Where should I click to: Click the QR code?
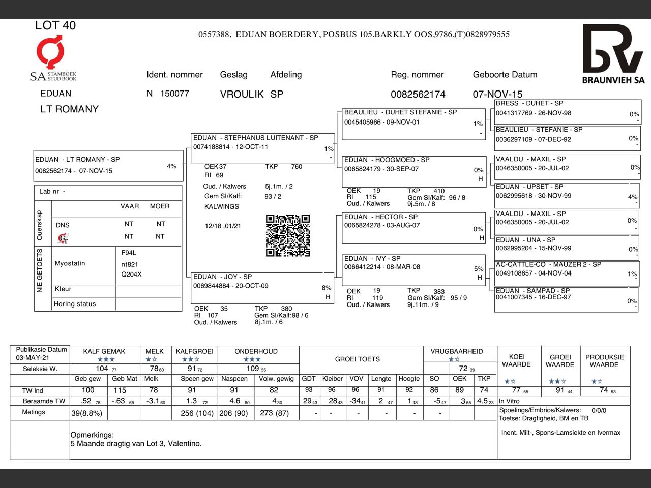pyautogui.click(x=288, y=235)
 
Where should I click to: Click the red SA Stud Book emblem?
pyautogui.click(x=50, y=51)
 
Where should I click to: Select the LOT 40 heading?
pyautogui.click(x=55, y=25)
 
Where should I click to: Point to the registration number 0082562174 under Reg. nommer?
pyautogui.click(x=418, y=94)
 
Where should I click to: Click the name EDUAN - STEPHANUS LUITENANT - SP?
pyautogui.click(x=255, y=138)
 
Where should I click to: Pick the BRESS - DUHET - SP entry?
pyautogui.click(x=529, y=103)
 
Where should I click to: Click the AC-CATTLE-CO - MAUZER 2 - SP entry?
pyautogui.click(x=548, y=265)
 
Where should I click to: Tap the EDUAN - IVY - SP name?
pyautogui.click(x=372, y=259)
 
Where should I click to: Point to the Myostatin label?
pyautogui.click(x=70, y=263)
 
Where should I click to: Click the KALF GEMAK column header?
pyautogui.click(x=104, y=351)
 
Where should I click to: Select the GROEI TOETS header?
pyautogui.click(x=357, y=359)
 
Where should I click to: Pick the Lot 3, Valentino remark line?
pyautogui.click(x=136, y=444)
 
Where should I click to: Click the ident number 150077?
pyautogui.click(x=174, y=94)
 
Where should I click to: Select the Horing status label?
pyautogui.click(x=75, y=304)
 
